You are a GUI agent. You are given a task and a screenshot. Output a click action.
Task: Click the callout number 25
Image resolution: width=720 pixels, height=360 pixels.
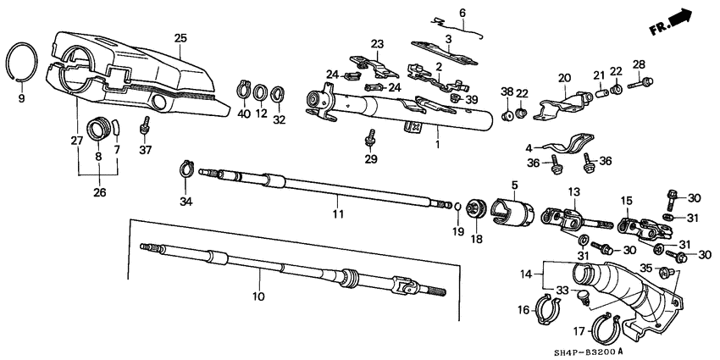tap(180, 38)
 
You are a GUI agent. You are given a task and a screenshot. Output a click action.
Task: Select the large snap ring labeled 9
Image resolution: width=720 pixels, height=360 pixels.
tap(23, 61)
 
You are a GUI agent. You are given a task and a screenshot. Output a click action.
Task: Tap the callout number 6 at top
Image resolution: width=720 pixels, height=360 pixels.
tap(462, 13)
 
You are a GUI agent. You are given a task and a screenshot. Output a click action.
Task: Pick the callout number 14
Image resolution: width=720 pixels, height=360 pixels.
tap(526, 274)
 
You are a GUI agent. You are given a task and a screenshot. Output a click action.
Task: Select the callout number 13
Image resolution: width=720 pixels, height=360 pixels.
tap(573, 192)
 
